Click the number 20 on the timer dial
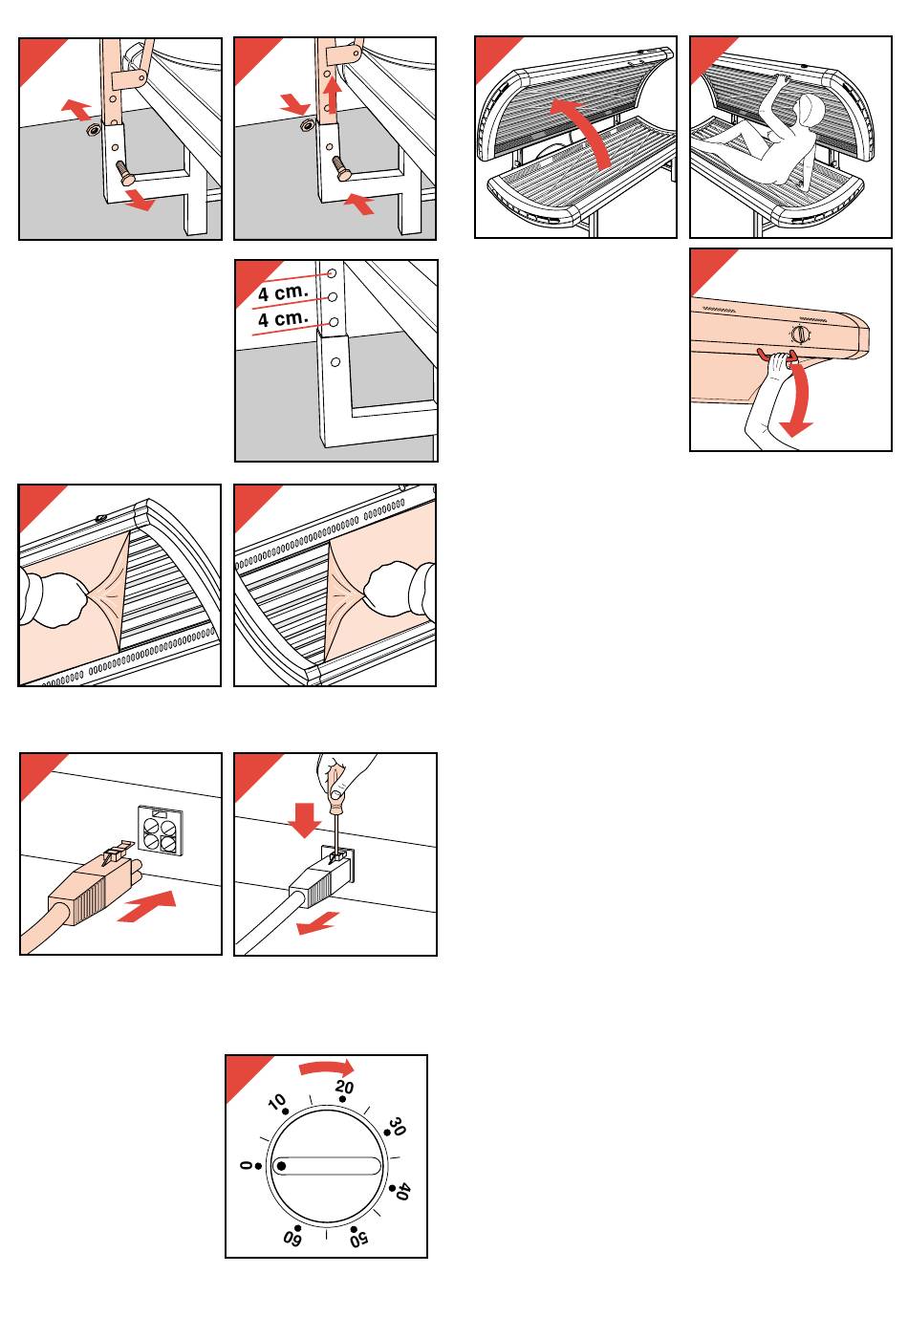[x=344, y=1088]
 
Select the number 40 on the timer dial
[x=403, y=1192]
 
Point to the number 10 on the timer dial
[x=277, y=1104]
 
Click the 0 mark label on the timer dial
[x=245, y=1166]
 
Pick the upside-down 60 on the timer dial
[x=292, y=1240]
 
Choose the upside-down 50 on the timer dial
[x=359, y=1241]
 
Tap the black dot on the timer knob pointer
[x=281, y=1167]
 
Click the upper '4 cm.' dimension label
[x=283, y=292]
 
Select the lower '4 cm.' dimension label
[x=283, y=317]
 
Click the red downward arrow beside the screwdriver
[x=304, y=818]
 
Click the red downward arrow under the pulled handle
[x=799, y=401]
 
